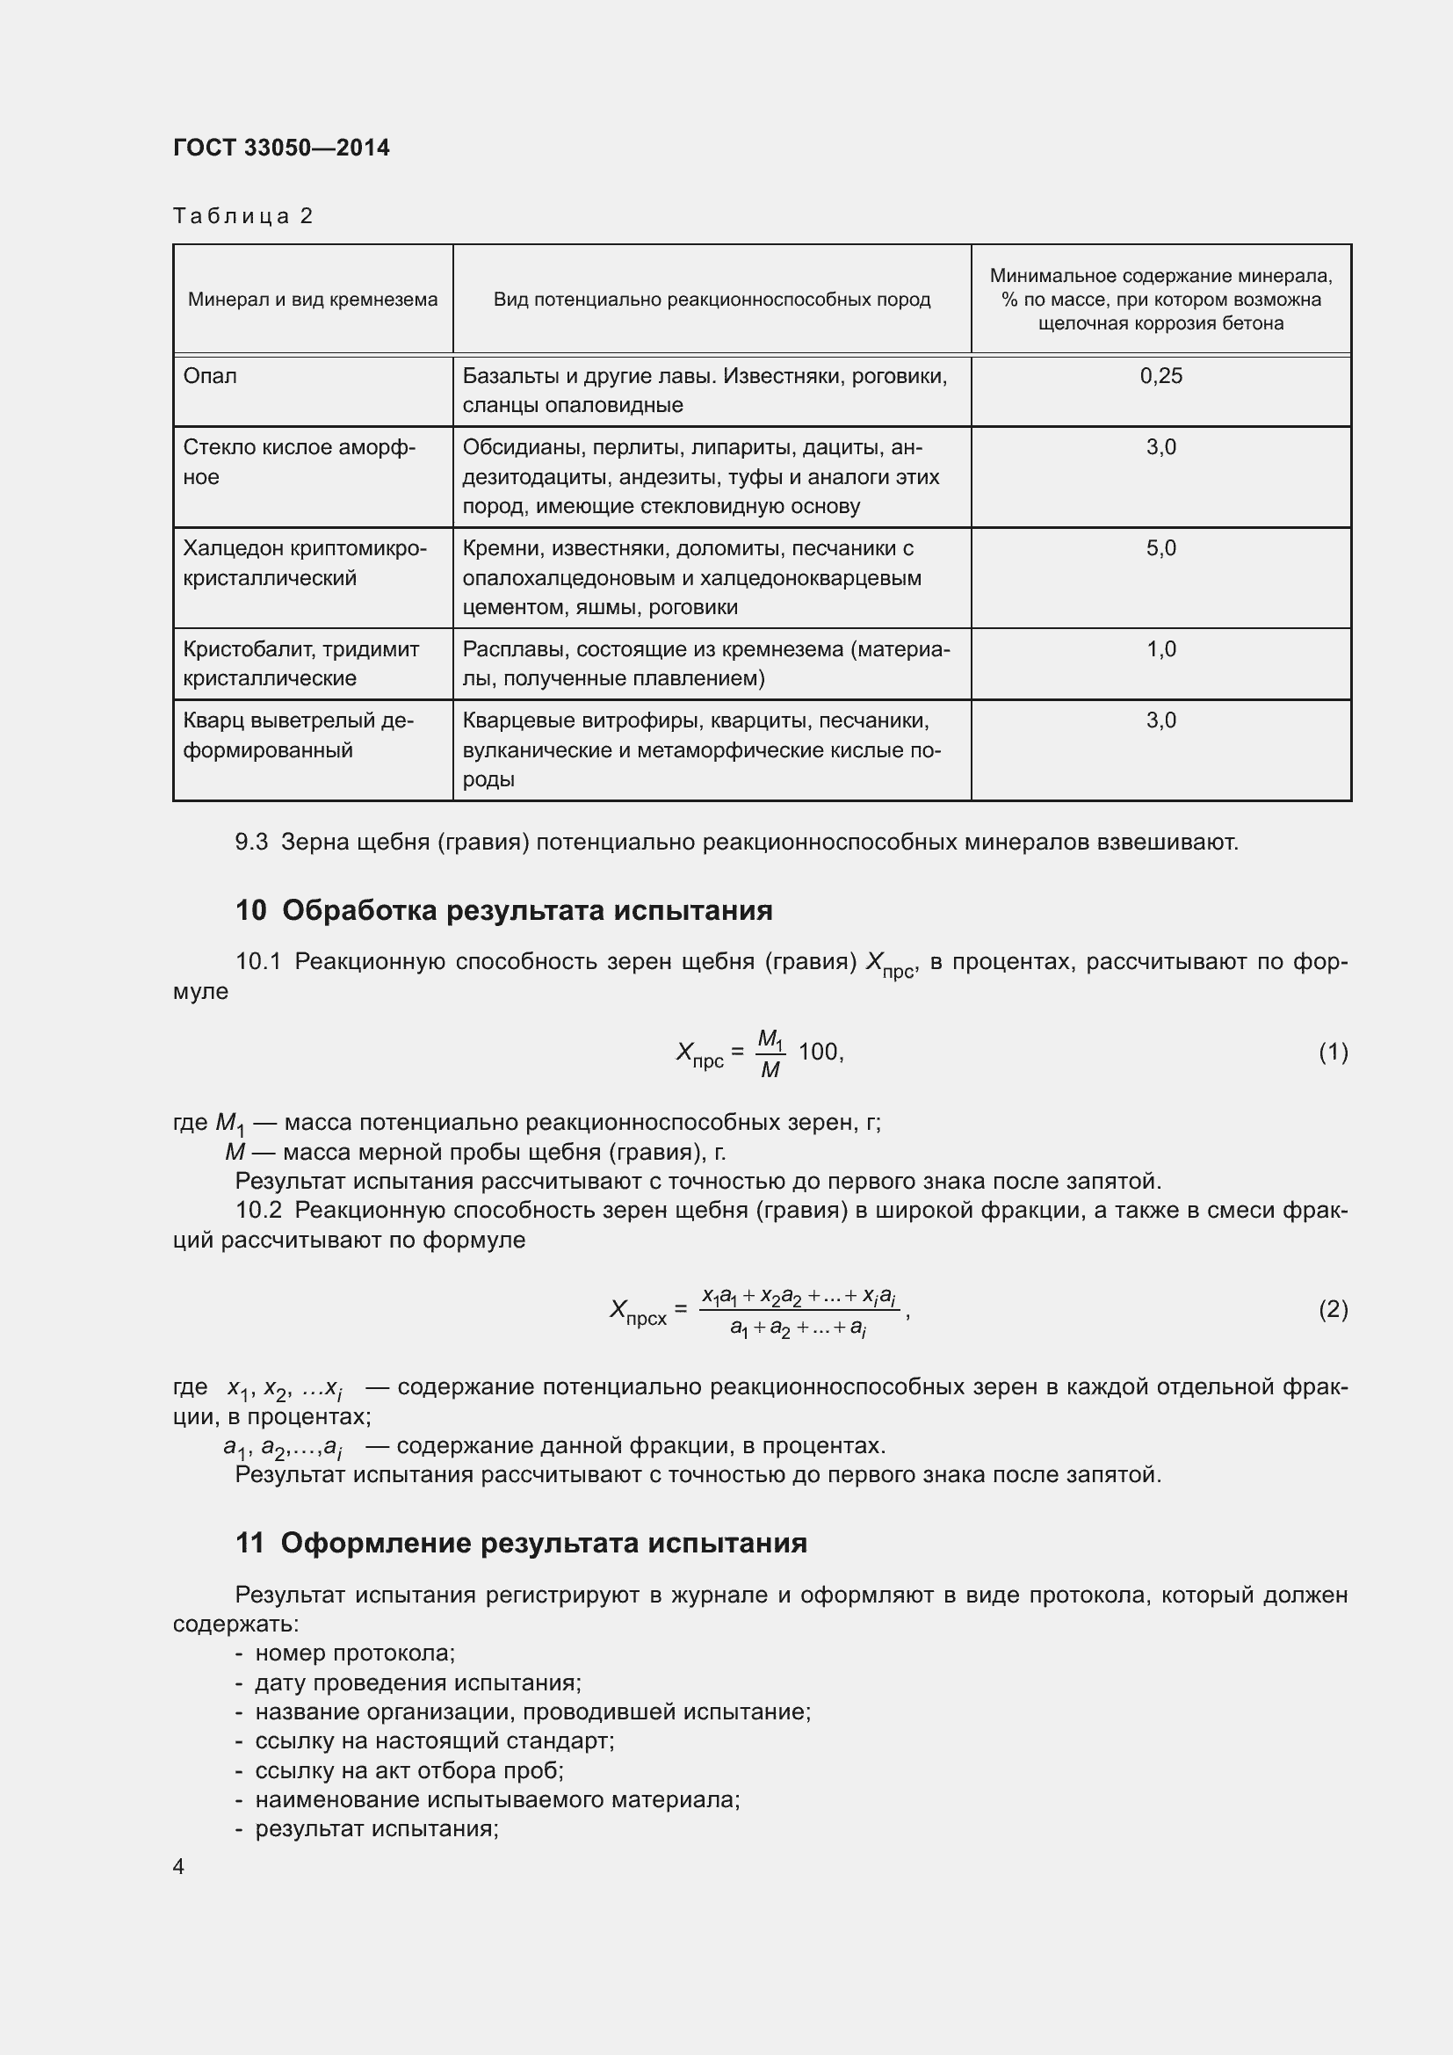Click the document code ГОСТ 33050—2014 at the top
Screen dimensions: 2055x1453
pos(281,148)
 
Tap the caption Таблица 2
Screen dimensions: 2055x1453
pos(242,216)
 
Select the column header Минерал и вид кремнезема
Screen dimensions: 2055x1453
pos(312,300)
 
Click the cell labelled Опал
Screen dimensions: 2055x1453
pos(210,376)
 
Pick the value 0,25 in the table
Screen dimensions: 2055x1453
pos(1160,376)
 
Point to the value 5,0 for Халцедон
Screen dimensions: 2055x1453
pos(1160,548)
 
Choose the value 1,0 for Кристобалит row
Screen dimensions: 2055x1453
pos(1160,650)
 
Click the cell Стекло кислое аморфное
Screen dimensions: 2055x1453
pos(299,462)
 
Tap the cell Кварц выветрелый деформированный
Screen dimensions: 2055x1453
pos(297,735)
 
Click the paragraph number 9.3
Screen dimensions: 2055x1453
pos(250,843)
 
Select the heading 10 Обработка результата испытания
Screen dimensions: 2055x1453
pos(503,910)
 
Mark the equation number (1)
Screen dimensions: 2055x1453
pos(1333,1052)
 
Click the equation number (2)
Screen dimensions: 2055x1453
pos(1333,1309)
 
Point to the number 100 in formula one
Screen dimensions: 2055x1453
pos(818,1052)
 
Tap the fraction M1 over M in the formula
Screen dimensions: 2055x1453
pos(770,1053)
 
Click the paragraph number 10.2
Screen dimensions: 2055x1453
pos(257,1210)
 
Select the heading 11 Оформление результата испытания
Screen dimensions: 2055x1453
pos(521,1543)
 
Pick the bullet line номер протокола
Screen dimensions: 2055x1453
pos(354,1653)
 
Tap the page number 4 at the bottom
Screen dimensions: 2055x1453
pos(179,1866)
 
